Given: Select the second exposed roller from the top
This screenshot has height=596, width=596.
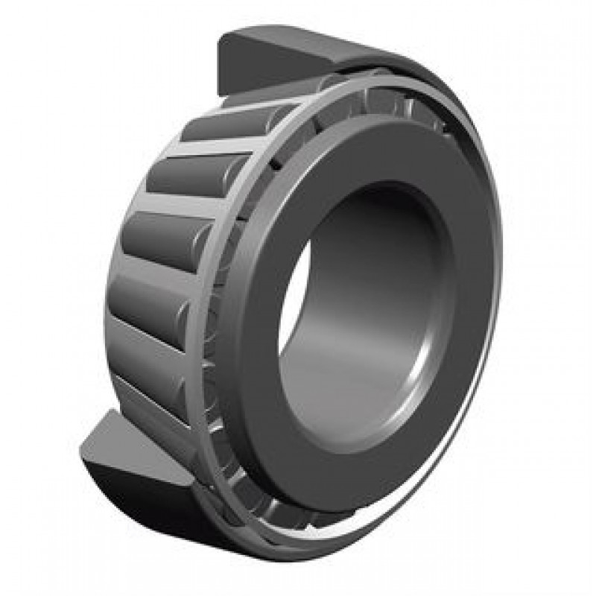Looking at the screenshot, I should [x=190, y=175].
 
